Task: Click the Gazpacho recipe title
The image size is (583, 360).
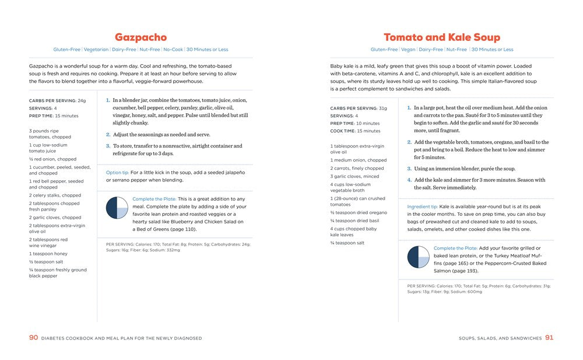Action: pos(141,37)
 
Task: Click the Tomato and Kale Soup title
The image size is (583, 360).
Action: pos(441,37)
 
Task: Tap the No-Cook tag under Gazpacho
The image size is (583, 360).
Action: pos(173,50)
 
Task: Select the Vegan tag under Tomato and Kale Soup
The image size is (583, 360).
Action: pos(408,50)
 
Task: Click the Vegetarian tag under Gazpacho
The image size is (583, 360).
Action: pos(96,50)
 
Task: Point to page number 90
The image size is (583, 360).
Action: pos(33,338)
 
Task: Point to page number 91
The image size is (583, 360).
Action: pos(549,338)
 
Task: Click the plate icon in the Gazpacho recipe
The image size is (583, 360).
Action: pos(117,208)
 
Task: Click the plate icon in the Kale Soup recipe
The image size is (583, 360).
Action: pos(418,257)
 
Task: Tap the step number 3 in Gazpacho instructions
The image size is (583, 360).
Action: pos(108,146)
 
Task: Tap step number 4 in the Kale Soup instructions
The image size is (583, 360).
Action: pos(409,180)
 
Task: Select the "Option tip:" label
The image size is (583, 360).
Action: pos(117,173)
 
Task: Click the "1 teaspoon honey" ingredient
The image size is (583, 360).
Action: pos(48,254)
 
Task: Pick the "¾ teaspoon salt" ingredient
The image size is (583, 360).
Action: pos(347,243)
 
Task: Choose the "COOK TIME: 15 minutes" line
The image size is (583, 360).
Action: pos(355,131)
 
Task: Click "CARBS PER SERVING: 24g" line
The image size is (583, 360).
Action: pos(57,100)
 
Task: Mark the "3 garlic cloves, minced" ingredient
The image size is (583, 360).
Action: pos(354,176)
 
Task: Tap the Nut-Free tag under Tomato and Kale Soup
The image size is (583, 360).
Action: pos(456,50)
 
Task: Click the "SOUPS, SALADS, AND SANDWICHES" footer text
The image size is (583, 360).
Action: pos(500,338)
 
